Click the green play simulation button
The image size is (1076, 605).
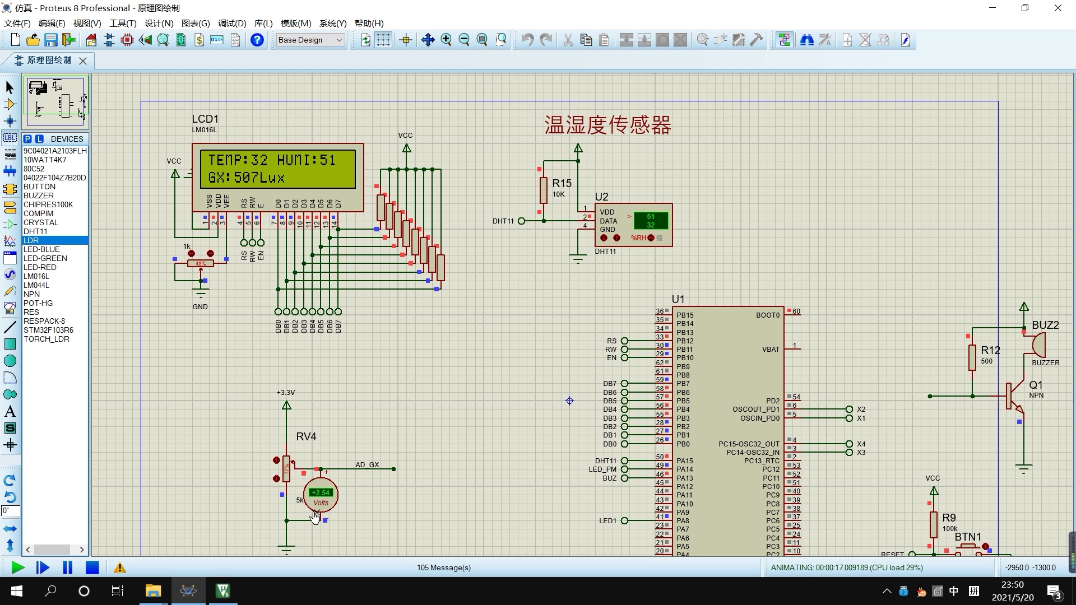pyautogui.click(x=17, y=567)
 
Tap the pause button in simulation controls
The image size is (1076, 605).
pyautogui.click(x=68, y=567)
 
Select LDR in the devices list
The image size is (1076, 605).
pyautogui.click(x=31, y=240)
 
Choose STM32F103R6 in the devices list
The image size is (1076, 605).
pyautogui.click(x=48, y=330)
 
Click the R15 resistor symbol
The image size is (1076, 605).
pyautogui.click(x=543, y=190)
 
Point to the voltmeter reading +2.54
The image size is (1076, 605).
pyautogui.click(x=321, y=493)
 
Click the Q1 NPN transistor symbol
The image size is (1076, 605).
pyautogui.click(x=1013, y=397)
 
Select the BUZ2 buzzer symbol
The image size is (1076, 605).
pyautogui.click(x=1037, y=345)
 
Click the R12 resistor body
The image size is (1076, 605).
pyautogui.click(x=972, y=357)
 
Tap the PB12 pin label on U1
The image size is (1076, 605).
pyautogui.click(x=685, y=341)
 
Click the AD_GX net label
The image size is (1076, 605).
pyautogui.click(x=367, y=465)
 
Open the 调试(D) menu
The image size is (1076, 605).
pyautogui.click(x=232, y=23)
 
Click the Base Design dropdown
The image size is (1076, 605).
pyautogui.click(x=310, y=40)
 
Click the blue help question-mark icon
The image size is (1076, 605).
pyautogui.click(x=257, y=40)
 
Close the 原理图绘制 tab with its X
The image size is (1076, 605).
pyautogui.click(x=83, y=61)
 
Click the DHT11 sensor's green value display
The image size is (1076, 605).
pyautogui.click(x=650, y=221)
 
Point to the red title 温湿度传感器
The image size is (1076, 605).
pyautogui.click(x=607, y=125)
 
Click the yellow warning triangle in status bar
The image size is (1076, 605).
pyautogui.click(x=119, y=568)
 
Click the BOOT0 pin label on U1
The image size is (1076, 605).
pyautogui.click(x=767, y=315)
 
